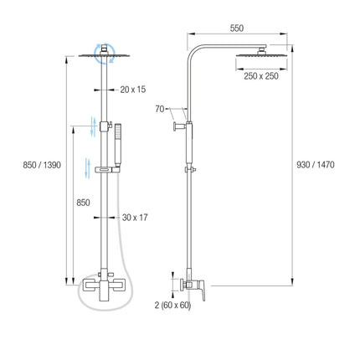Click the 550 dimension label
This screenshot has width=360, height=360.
(x=237, y=28)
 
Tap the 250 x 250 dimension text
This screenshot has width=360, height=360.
(x=261, y=76)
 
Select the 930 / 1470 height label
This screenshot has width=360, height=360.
(x=316, y=165)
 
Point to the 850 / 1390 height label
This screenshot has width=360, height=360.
(x=42, y=165)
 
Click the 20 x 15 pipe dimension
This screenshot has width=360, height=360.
(x=133, y=90)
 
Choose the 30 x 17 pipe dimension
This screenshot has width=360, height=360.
(x=135, y=218)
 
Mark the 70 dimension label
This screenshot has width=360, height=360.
(x=160, y=109)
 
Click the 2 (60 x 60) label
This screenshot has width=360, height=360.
(x=172, y=306)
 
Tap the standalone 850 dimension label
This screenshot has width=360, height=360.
(x=83, y=203)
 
